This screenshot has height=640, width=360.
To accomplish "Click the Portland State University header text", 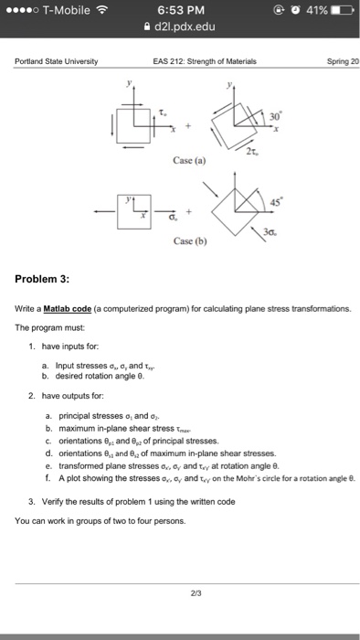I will (x=56, y=63).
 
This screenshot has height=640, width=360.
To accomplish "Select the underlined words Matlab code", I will (x=70, y=309).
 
